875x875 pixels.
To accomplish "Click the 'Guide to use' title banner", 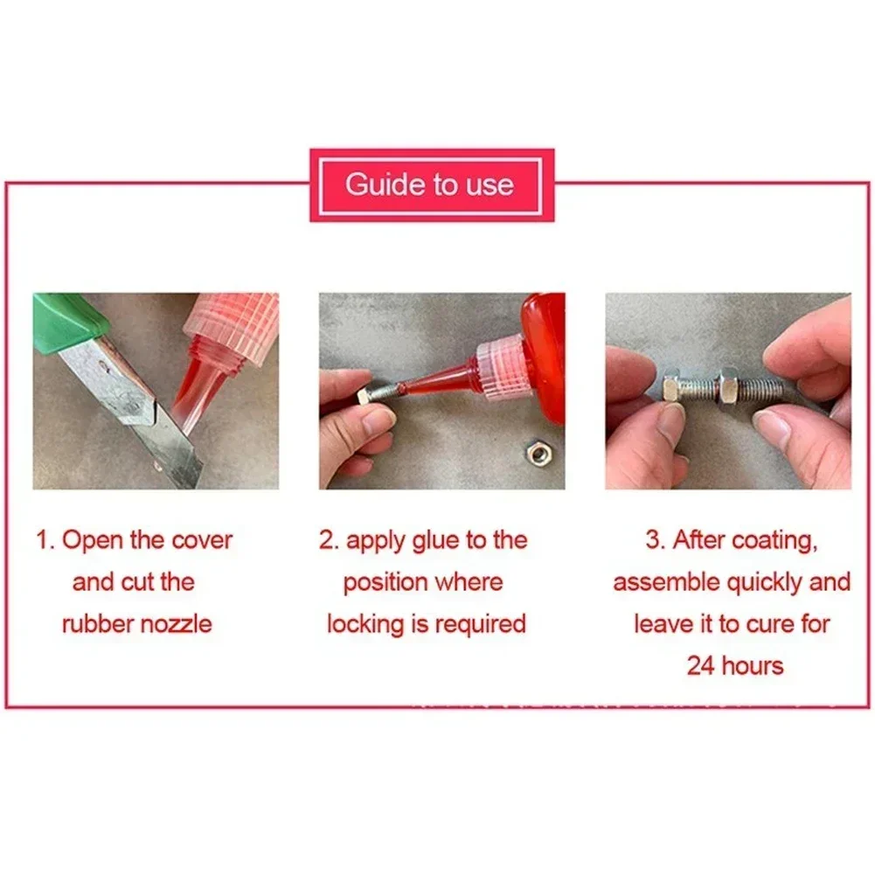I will pos(432,184).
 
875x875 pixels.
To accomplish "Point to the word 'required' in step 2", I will pos(479,624).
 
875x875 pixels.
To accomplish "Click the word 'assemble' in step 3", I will pos(663,582).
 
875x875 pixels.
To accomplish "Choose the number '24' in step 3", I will pos(701,666).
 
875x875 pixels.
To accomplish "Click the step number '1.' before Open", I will pos(45,539).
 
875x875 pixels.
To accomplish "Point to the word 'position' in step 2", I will pos(381,582).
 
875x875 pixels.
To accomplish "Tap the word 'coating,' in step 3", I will pos(774,540).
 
